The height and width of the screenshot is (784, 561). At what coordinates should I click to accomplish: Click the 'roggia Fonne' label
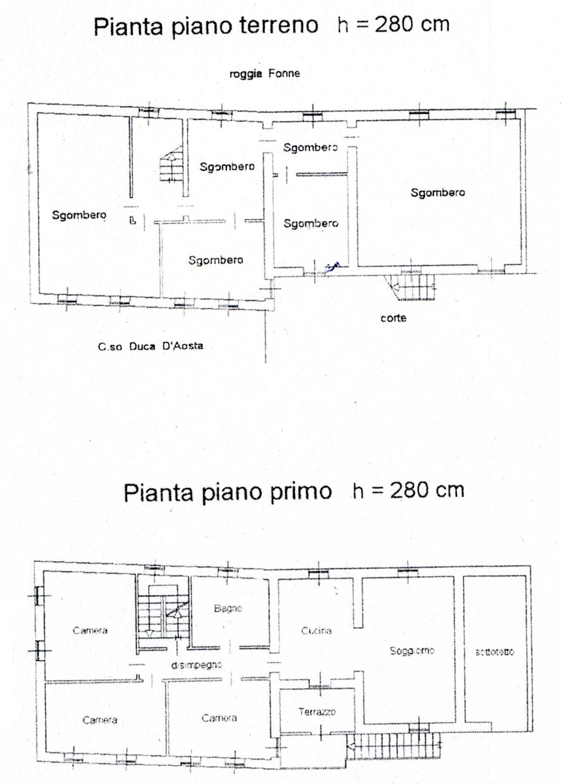click(x=265, y=74)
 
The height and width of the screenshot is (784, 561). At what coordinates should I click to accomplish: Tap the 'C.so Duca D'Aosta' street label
click(x=150, y=346)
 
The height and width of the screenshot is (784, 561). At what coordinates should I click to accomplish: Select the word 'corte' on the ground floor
click(x=393, y=318)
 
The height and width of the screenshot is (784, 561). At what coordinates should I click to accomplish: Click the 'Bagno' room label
click(x=228, y=609)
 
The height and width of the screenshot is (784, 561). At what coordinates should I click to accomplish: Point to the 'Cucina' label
click(x=316, y=631)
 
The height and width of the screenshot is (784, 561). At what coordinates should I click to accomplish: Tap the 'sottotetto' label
click(x=495, y=652)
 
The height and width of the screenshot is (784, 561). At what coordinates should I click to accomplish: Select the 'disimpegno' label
click(x=196, y=665)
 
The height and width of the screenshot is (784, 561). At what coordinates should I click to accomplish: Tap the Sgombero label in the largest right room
click(x=438, y=192)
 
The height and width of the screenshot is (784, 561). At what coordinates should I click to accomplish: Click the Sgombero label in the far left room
click(x=79, y=215)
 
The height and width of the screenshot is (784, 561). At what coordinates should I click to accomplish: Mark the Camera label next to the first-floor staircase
click(x=90, y=630)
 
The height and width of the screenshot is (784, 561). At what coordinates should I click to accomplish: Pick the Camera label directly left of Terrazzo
click(x=219, y=718)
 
